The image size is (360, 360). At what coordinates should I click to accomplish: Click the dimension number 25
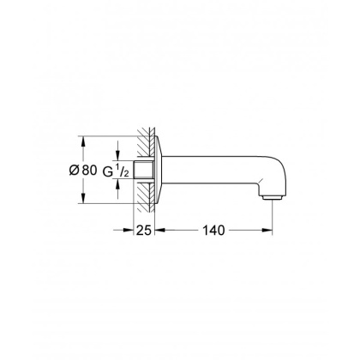pyautogui.click(x=144, y=231)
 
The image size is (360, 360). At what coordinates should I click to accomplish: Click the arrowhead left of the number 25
pyautogui.click(x=131, y=231)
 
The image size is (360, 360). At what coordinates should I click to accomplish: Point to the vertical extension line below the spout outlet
pyautogui.click(x=273, y=219)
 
